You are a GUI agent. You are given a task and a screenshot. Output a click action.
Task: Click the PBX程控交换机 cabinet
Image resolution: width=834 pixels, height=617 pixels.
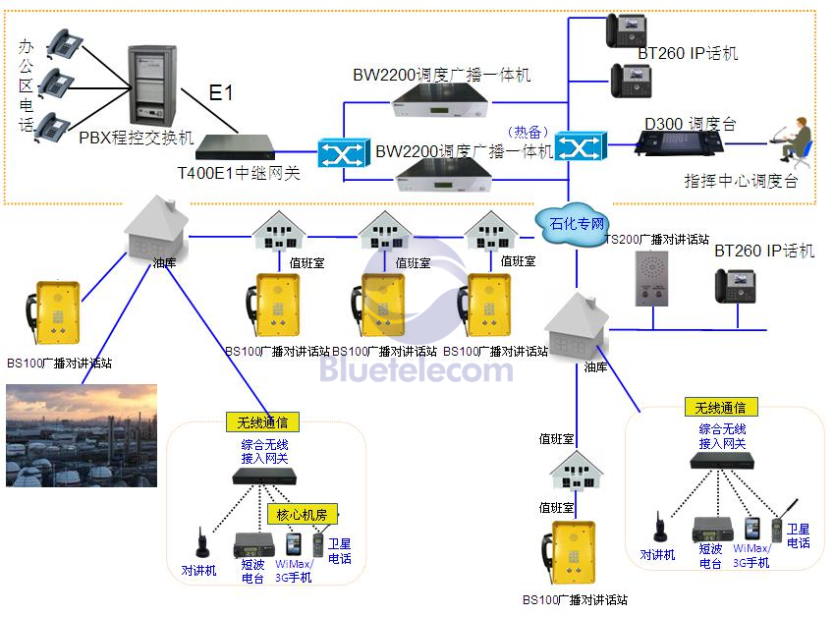[152, 85]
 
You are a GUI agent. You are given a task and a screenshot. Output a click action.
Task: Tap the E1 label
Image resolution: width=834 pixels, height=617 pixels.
[221, 93]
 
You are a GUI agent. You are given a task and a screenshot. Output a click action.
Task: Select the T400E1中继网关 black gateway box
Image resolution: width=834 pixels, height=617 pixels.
[236, 148]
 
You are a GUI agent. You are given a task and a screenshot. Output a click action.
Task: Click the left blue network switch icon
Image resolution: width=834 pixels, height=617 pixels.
[344, 153]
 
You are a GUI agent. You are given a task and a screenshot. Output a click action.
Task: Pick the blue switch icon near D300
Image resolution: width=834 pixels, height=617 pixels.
[581, 145]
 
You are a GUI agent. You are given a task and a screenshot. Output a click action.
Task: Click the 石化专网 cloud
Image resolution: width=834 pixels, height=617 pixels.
[573, 224]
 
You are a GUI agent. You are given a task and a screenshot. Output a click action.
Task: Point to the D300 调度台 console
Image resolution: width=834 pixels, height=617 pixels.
[679, 142]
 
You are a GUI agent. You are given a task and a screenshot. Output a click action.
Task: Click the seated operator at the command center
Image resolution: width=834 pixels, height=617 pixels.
[792, 140]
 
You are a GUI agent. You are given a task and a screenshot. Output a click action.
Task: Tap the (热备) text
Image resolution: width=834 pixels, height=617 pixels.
[528, 132]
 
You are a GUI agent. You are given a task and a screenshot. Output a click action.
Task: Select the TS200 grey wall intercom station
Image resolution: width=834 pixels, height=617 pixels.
[651, 279]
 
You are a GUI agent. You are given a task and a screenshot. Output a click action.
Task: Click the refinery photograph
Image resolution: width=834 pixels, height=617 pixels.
[82, 435]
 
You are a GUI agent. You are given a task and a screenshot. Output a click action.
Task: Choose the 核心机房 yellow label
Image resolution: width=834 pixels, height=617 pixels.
[302, 515]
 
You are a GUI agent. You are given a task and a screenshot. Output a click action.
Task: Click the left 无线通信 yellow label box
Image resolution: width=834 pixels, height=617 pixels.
[262, 422]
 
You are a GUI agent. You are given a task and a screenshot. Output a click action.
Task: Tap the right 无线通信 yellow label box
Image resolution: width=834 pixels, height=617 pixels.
[721, 408]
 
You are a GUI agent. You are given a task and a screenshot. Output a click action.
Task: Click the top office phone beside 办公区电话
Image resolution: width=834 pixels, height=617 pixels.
[65, 42]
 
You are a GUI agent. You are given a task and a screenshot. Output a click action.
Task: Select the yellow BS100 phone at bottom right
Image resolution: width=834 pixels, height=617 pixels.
[569, 552]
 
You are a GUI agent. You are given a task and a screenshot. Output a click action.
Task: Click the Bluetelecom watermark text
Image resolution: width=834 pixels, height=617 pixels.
[417, 369]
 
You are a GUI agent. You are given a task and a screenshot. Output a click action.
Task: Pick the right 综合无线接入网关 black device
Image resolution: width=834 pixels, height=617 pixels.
[722, 460]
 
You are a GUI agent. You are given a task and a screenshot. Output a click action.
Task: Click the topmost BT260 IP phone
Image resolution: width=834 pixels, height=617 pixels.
[627, 31]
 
